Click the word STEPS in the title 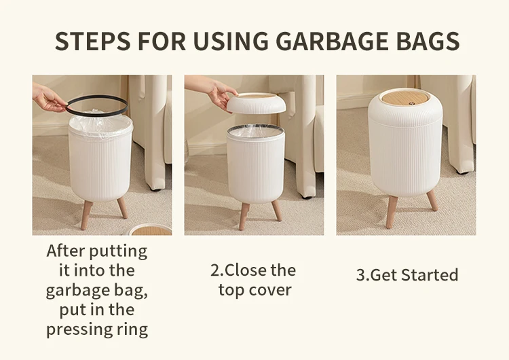coord(93,41)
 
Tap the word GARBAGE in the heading coord(332,41)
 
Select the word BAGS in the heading coord(428,41)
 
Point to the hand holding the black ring coord(49,98)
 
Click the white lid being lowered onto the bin coord(256,103)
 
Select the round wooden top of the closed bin coord(406,98)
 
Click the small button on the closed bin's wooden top coord(413,103)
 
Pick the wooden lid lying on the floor coord(150,230)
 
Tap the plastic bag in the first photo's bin coord(100,125)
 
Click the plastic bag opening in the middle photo coord(255,131)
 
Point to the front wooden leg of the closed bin coord(392,212)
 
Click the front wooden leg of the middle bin coord(244,216)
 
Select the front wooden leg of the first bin coord(86,215)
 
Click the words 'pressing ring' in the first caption coord(97,329)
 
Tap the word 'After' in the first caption coord(65,251)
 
